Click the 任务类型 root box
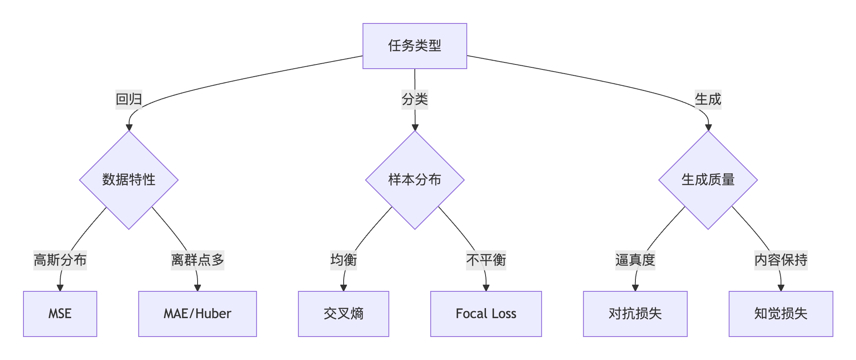414,46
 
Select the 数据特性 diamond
129,180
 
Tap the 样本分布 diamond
415,180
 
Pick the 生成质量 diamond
708,180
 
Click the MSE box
60,314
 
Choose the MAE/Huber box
198,314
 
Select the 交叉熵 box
344,314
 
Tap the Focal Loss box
486,314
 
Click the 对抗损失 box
635,314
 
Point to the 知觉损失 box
781,314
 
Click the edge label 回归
129,100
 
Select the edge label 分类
415,100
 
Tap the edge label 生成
708,100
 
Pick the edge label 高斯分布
60,260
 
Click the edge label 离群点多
198,260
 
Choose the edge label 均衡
344,260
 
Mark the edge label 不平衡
486,260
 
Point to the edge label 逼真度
635,260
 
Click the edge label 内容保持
781,260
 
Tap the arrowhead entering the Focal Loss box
486,288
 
